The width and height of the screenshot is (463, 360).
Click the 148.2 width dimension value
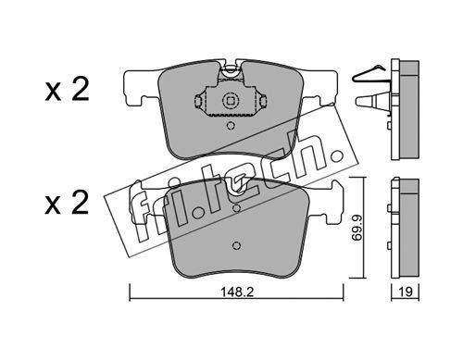(x=237, y=292)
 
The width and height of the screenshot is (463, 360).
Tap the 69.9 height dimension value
(x=357, y=228)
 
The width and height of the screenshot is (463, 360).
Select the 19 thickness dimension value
(x=406, y=292)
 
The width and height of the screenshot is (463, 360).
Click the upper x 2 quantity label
(x=67, y=90)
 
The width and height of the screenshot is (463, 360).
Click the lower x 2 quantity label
(x=67, y=203)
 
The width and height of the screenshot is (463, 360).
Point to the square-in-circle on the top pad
(x=231, y=100)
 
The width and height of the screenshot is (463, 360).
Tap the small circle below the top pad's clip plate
(x=231, y=126)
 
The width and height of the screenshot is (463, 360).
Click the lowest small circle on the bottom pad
(x=236, y=245)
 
